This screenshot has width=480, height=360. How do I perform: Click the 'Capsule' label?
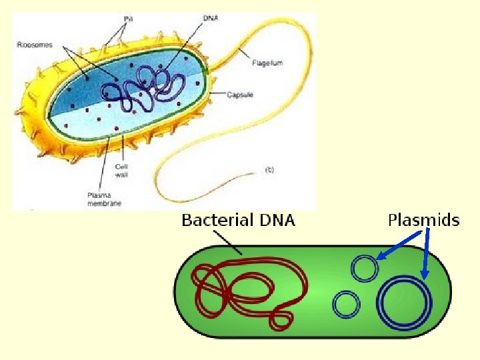click(x=240, y=95)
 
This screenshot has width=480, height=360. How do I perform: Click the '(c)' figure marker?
click(x=269, y=169)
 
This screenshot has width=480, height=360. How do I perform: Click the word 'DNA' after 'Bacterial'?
click(x=276, y=220)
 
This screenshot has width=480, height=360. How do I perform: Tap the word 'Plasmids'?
click(x=423, y=220)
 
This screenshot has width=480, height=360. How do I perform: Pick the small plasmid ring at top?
click(x=365, y=268)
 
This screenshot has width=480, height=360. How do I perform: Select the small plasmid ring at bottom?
click(x=346, y=305)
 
